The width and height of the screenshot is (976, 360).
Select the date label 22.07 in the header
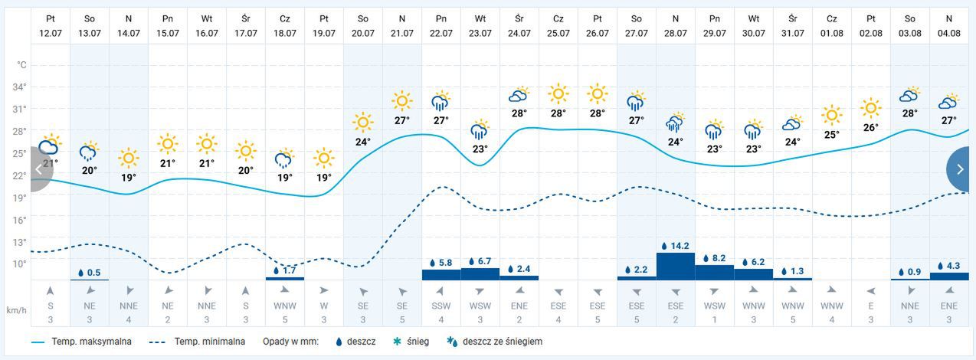pos(441,33)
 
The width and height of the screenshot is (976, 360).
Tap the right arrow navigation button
pos(959,169)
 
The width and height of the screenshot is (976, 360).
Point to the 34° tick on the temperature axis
pos(20,87)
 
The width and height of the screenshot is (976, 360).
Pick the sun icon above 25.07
pos(558,94)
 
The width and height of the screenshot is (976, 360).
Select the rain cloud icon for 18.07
pos(284,159)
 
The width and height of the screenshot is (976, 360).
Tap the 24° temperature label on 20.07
pos(362,142)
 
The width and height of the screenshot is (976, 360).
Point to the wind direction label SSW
pos(441,306)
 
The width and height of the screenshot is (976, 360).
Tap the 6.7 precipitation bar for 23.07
pos(480,273)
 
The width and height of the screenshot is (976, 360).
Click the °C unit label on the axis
pos(21,65)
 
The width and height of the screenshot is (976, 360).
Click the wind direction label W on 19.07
pos(323,306)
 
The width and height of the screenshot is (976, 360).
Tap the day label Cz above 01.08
pos(831,18)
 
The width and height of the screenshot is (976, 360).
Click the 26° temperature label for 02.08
pos(870,128)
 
